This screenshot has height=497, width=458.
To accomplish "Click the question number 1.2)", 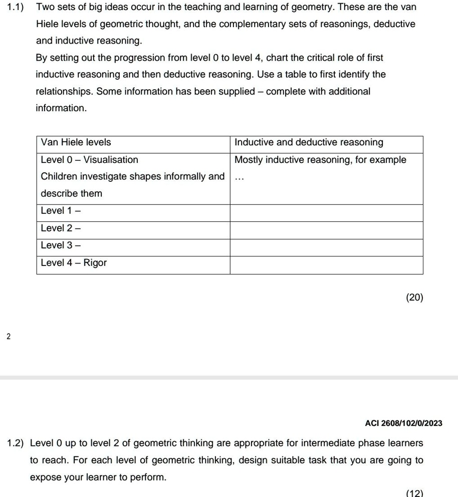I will click(x=16, y=443).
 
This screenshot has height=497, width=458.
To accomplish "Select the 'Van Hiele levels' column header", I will click(x=76, y=142).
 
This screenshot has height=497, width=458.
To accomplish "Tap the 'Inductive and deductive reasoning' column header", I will click(x=309, y=142).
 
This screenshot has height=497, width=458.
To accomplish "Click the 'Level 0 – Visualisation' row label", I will click(x=89, y=160).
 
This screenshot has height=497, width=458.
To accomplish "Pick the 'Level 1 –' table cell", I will click(x=61, y=211).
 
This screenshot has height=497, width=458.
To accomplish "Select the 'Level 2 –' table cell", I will click(x=61, y=228).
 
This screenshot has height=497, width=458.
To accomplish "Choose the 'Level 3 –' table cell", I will click(x=61, y=245).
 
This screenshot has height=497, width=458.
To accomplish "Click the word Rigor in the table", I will click(x=95, y=263).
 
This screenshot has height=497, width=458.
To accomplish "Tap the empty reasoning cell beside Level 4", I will click(x=326, y=265).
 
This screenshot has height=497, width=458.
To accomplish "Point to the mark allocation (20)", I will click(x=414, y=298).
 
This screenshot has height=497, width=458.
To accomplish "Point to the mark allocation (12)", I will click(x=414, y=493).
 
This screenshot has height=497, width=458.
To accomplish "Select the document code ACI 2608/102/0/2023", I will click(x=404, y=423).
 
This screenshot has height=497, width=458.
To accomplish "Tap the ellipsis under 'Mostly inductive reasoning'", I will click(x=240, y=177).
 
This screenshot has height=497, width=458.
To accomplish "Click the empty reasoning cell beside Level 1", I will click(x=326, y=212).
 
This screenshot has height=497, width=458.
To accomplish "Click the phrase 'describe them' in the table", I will click(x=71, y=193).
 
